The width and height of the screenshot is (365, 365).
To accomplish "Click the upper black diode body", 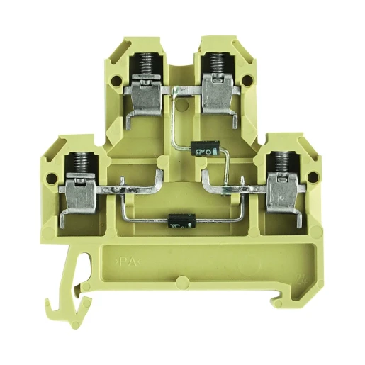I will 204,149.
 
